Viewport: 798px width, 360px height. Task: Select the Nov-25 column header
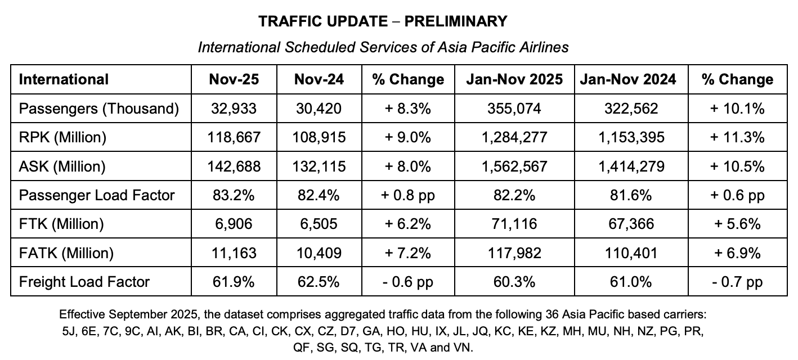click(x=234, y=79)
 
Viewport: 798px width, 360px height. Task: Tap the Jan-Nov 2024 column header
click(x=628, y=79)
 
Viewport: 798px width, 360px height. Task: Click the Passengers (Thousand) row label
click(x=99, y=108)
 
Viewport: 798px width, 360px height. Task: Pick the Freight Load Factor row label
click(x=84, y=281)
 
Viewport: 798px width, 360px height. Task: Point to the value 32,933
click(x=234, y=108)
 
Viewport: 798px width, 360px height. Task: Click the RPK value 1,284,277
click(x=514, y=137)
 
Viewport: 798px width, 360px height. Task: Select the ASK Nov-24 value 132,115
click(x=319, y=166)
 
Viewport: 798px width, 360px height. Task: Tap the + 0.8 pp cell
click(x=408, y=195)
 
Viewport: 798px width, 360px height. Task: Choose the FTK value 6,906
click(x=234, y=224)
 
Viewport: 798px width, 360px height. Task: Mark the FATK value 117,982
click(x=514, y=253)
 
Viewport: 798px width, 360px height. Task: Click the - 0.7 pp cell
click(x=737, y=281)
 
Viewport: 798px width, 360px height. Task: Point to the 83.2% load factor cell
click(x=234, y=195)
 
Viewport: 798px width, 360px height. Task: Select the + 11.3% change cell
click(x=737, y=137)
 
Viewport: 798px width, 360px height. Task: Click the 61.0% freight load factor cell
click(x=628, y=281)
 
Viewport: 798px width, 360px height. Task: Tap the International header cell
click(x=64, y=79)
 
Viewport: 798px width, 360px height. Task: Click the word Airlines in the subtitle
click(x=544, y=47)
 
